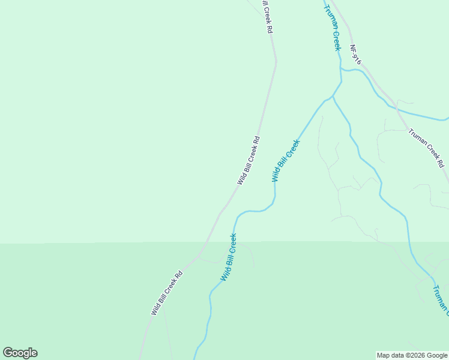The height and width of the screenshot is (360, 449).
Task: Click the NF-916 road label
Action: pos(357,55)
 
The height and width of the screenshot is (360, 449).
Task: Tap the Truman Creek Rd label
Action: pos(427,148)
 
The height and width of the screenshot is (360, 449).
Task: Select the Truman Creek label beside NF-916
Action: pos(332,28)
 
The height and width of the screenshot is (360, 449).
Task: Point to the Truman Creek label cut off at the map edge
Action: pos(439,298)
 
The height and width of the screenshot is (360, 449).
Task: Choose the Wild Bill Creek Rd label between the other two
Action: pos(248,160)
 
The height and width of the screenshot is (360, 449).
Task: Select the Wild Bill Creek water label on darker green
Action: pos(228,257)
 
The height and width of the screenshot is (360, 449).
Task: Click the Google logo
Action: pos(20,353)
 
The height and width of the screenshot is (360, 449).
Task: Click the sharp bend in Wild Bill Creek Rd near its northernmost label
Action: pos(276,61)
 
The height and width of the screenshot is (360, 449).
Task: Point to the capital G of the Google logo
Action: pos(8,353)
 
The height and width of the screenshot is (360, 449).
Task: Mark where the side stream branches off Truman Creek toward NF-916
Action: pos(341,69)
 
